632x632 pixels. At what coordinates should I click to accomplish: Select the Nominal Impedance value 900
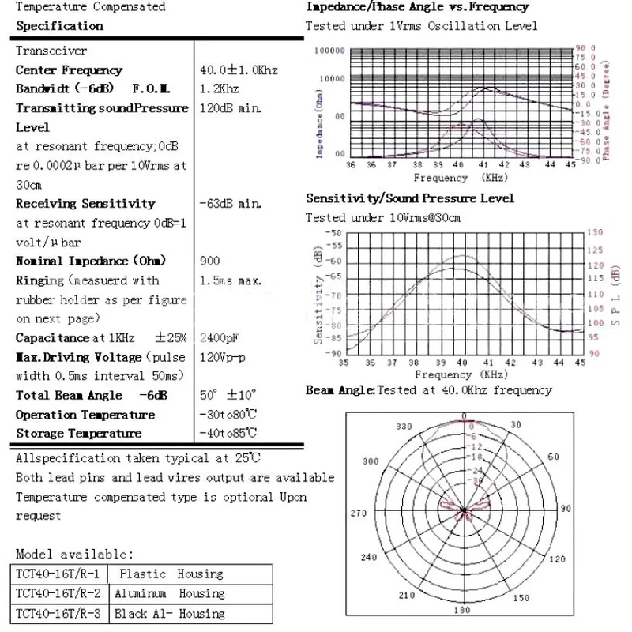[211, 261]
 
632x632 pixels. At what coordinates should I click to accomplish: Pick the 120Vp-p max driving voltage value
[224, 357]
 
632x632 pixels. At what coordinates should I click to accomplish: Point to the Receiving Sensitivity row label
[85, 203]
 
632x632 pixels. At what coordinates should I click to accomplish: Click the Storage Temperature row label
[78, 433]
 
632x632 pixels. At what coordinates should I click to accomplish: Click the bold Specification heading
[59, 25]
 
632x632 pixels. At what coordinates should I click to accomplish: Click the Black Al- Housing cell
[169, 613]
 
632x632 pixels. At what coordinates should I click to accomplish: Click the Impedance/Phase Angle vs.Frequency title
[417, 7]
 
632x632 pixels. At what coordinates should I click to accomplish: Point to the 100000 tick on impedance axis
[330, 50]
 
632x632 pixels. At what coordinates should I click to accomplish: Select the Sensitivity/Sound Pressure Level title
[410, 197]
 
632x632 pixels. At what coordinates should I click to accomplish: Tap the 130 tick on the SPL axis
[594, 232]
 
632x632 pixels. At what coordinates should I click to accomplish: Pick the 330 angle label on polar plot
[404, 426]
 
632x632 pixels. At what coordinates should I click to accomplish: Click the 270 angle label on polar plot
[359, 513]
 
